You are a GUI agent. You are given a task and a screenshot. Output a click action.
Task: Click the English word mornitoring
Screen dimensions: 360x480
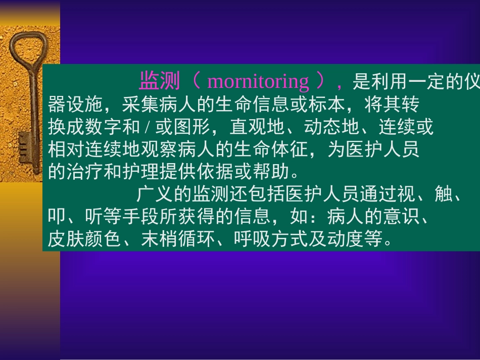pos(258,81)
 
